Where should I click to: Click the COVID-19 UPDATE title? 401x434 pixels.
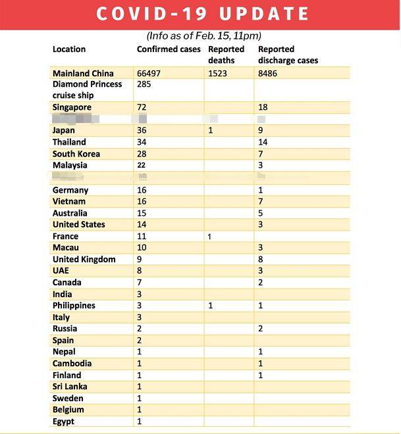(x=203, y=14)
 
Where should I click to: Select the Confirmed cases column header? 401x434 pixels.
(x=169, y=49)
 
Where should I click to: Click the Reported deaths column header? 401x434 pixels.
(x=226, y=55)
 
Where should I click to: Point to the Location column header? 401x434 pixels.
(x=69, y=49)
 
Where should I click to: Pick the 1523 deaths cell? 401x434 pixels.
(x=217, y=73)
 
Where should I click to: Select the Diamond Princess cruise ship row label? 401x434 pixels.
(x=87, y=90)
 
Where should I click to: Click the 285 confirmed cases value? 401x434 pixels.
(x=144, y=85)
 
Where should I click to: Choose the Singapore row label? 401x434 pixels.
(x=72, y=107)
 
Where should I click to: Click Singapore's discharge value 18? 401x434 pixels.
(x=263, y=107)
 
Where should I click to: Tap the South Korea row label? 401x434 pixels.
(x=77, y=154)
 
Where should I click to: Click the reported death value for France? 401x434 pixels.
(x=210, y=236)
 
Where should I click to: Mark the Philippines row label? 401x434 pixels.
(x=74, y=306)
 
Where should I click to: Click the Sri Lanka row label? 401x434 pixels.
(x=70, y=387)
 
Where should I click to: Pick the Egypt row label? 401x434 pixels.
(x=64, y=422)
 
